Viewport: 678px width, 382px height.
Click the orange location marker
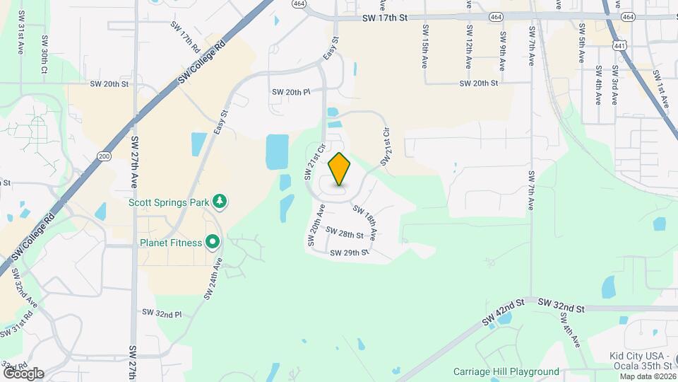coord(340,169)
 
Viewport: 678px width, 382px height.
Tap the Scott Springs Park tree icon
coord(220,202)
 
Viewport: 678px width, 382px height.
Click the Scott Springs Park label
coord(169,202)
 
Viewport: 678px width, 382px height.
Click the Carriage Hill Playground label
coord(506,371)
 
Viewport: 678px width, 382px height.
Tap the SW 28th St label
coord(345,233)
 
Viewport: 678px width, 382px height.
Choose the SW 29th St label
coord(350,252)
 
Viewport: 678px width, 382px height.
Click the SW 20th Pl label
coord(291,92)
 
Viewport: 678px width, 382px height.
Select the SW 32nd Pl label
coord(162,312)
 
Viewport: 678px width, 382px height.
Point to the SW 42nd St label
coord(504,312)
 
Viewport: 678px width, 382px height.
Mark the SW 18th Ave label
coord(364,221)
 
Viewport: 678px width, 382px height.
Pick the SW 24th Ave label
coord(213,278)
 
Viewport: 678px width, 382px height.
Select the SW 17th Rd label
coord(186,34)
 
